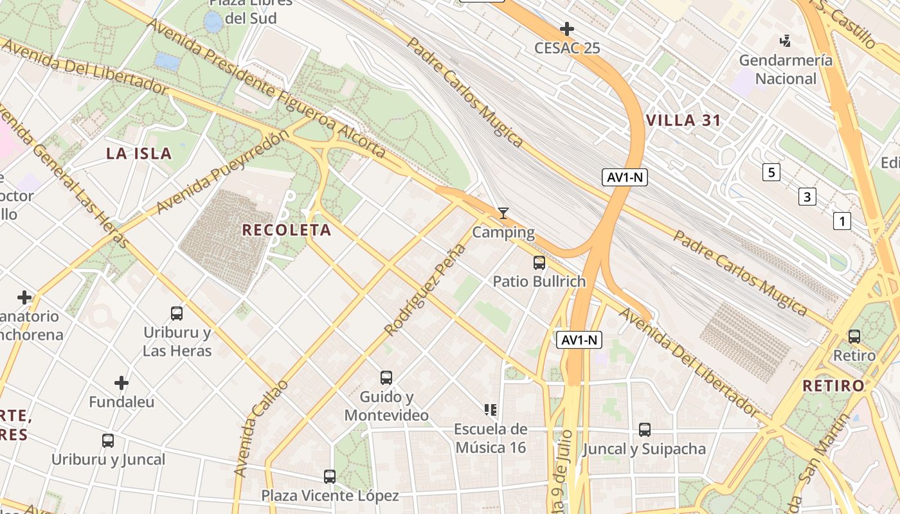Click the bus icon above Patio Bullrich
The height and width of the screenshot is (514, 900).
point(539,262)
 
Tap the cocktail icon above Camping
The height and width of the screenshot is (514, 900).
point(503,213)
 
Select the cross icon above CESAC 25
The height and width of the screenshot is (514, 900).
point(566,29)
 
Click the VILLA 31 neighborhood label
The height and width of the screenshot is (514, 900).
point(683,120)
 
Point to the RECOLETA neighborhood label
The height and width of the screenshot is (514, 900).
point(287,230)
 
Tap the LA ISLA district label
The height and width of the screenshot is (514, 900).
point(139,153)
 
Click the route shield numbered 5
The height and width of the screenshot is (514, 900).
point(771,172)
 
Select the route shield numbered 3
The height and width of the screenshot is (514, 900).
point(807,197)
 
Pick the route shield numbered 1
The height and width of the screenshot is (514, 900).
point(842,222)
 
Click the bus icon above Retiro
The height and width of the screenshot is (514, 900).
point(854,336)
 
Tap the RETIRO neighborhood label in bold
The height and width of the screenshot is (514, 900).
point(834,386)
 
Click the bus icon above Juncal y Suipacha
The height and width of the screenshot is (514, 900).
point(644,429)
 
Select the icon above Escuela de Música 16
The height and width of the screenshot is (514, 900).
point(491,409)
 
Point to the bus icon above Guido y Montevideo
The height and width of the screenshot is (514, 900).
point(386,378)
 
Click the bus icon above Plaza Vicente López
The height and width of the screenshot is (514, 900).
point(329,476)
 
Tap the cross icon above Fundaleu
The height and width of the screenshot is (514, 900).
point(122,383)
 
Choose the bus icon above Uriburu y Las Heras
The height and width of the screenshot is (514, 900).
point(176,314)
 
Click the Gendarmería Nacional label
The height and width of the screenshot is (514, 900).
point(785,69)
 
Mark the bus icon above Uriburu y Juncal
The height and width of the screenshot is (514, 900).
point(108,441)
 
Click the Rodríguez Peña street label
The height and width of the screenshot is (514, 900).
point(424,290)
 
